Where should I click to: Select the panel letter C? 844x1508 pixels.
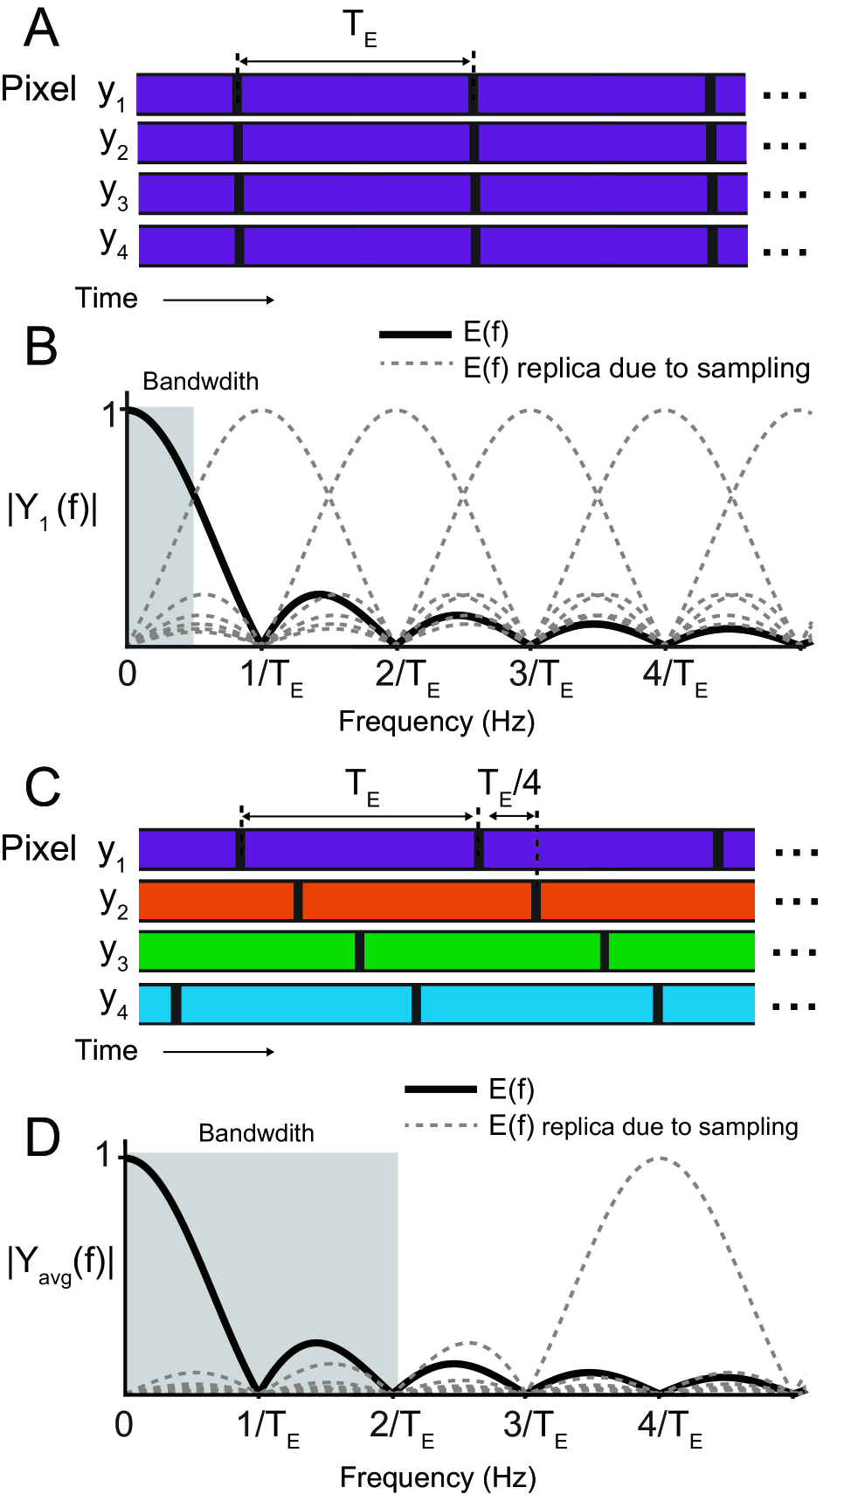point(42,787)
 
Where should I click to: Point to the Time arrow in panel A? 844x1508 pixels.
point(218,300)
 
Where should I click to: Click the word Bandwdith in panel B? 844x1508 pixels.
point(200,382)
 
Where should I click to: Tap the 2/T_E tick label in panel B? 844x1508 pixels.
point(407,677)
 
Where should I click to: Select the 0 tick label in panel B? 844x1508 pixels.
point(128,674)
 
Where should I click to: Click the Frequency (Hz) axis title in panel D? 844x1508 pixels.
point(438,1477)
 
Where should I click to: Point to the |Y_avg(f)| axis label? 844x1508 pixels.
point(60,1264)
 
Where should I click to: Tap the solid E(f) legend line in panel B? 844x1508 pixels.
point(415,334)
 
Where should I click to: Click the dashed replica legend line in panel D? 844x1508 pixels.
point(441,1126)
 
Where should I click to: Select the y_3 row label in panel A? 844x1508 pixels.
point(114,192)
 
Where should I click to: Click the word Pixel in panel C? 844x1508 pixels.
point(38,847)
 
